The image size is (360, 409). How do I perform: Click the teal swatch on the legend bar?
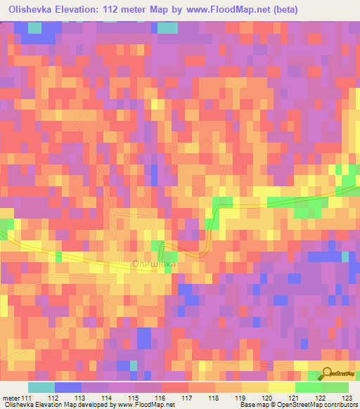tap(41, 387)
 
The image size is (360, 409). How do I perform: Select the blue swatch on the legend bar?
tap(67, 387)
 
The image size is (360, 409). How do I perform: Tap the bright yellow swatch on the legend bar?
tap(281, 387)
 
